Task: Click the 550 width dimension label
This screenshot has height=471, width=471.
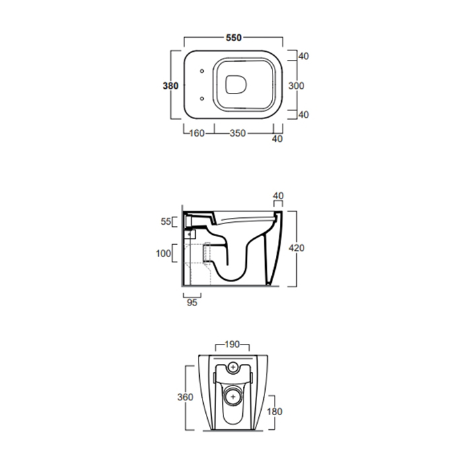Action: click(x=233, y=38)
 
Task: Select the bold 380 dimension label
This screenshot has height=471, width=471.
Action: click(x=170, y=86)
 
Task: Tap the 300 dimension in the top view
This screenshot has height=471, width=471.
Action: click(x=296, y=86)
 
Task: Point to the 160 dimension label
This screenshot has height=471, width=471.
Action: click(x=196, y=133)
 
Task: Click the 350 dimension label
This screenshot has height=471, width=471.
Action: click(x=238, y=133)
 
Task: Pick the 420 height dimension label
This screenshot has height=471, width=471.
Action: click(x=297, y=248)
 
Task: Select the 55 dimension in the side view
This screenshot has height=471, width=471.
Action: click(x=166, y=221)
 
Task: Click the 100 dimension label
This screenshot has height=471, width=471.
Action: click(x=163, y=254)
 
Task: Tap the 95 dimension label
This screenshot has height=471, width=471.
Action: click(x=192, y=303)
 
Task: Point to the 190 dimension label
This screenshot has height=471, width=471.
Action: click(x=232, y=345)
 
